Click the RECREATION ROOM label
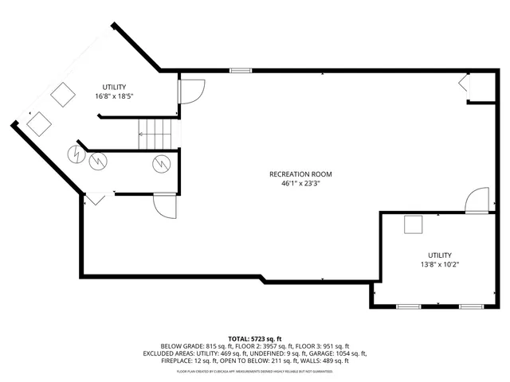tap(300, 173)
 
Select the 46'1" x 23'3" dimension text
tap(300, 183)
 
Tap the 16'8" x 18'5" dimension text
tap(113, 95)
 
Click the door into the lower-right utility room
tap(477, 201)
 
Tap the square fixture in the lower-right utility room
tap(413, 225)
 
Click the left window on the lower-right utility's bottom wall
tap(409, 306)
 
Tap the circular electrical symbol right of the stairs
tap(161, 163)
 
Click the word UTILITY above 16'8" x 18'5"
tap(113, 86)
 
